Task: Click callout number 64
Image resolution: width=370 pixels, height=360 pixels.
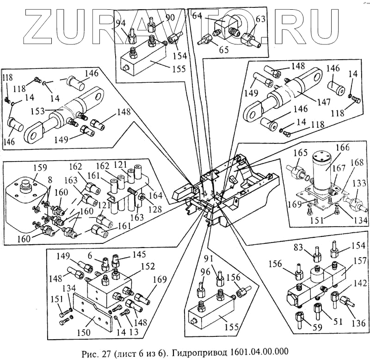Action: pos(197,16)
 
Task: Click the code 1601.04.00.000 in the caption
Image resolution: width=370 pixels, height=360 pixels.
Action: pos(257,352)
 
